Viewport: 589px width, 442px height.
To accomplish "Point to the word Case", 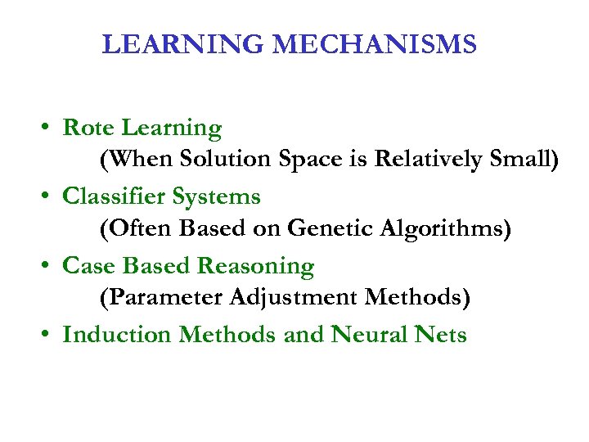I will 88,266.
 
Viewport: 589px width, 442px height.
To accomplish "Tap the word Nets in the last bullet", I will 438,335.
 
